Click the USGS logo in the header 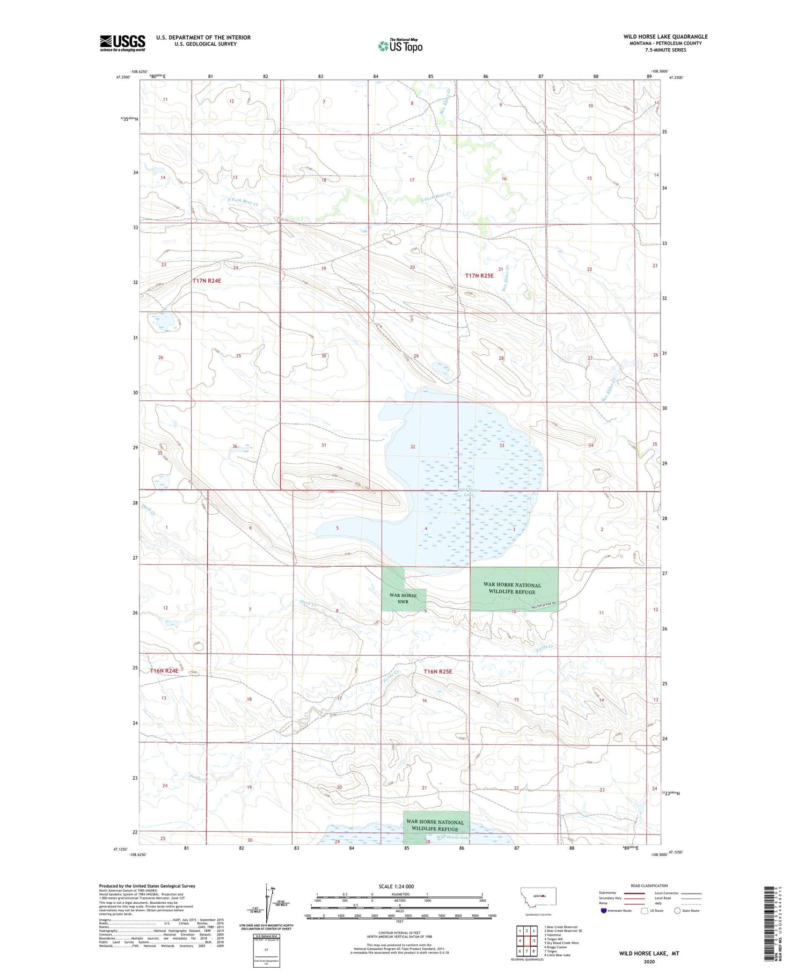pos(122,43)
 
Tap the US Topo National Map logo pos(400,46)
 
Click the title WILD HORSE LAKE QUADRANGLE pos(665,36)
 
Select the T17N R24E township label pos(207,281)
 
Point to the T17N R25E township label pos(479,275)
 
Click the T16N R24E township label pos(164,671)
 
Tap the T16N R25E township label pos(438,671)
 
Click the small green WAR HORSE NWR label pos(403,598)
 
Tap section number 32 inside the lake pos(413,447)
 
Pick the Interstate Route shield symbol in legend pos(604,910)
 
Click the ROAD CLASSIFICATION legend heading pos(649,886)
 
